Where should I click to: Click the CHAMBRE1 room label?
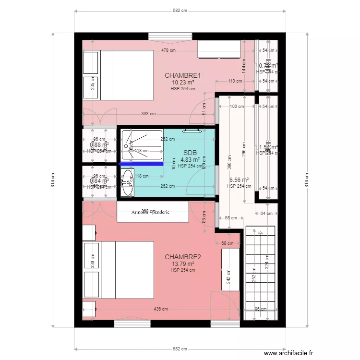pos(182,75)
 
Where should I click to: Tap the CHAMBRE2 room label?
pos(182,257)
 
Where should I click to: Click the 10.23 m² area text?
pos(182,82)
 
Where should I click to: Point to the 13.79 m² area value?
pos(182,264)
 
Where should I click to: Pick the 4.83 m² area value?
pos(190,160)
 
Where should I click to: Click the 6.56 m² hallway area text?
pos(238,180)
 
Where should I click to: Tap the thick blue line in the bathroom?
pos(141,164)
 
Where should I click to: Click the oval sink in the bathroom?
pos(127,185)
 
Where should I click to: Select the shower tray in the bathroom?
pos(142,145)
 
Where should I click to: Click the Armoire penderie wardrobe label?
pos(152,211)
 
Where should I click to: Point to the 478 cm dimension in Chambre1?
pos(168,50)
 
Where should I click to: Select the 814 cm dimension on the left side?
pos(53,180)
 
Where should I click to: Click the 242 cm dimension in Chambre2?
pos(228,275)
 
